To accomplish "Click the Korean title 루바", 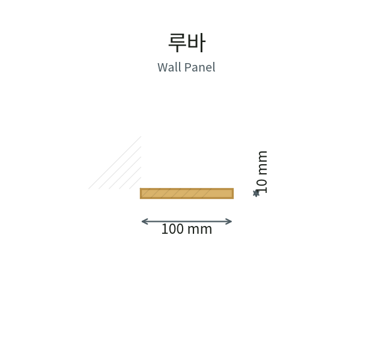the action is (186, 43).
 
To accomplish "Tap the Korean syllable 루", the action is (177, 43).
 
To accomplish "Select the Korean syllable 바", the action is (196, 43).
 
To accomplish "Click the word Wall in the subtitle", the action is (169, 67).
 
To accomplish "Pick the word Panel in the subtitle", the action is (200, 67).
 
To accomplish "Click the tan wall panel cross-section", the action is (187, 194).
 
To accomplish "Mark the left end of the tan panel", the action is (140, 194).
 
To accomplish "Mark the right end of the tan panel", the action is (234, 194).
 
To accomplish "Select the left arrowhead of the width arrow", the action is (144, 221).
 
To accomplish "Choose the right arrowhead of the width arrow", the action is (229, 221).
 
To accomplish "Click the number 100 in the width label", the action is (172, 229).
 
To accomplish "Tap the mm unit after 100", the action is (199, 230).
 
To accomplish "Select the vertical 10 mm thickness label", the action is (262, 172).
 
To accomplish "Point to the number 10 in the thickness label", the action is (262, 186).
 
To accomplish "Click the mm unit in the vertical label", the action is (262, 163).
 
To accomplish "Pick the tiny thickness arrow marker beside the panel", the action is (256, 194).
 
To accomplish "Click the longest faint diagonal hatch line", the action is (115, 163).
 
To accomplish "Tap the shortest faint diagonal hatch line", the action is (135, 183).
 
